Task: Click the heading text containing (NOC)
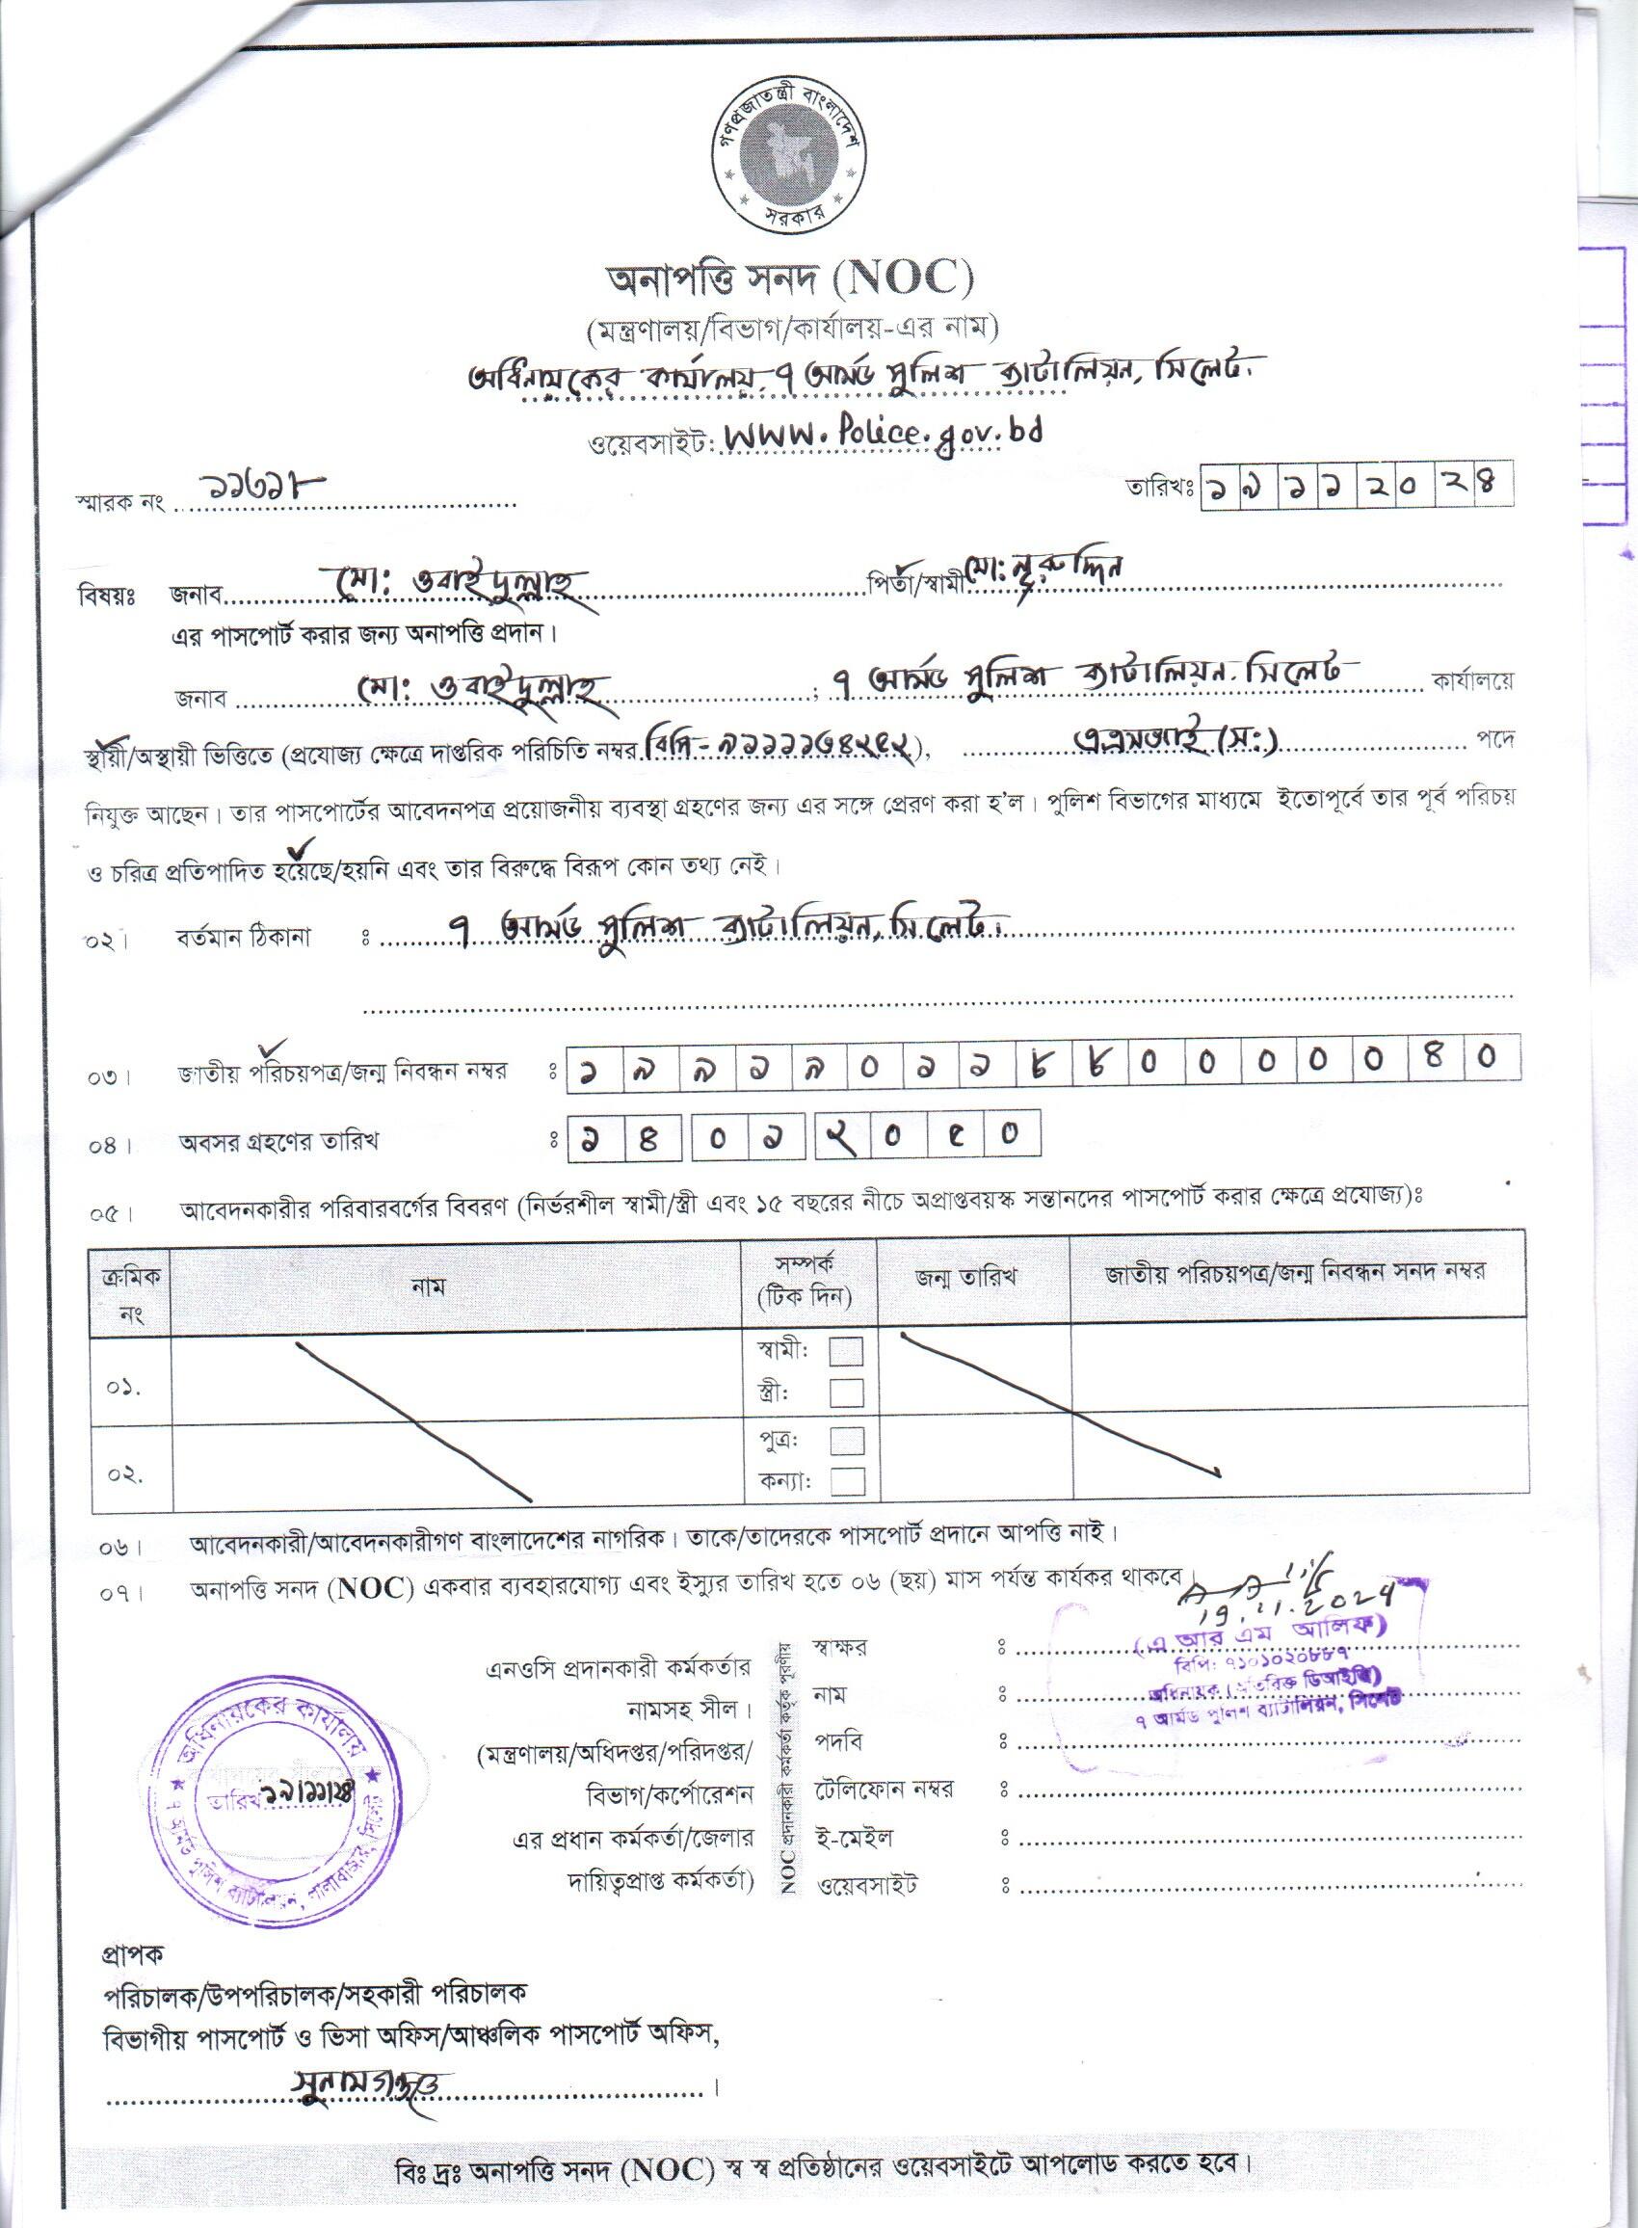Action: [790, 280]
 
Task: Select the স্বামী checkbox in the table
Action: [846, 1351]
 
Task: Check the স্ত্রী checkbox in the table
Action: [846, 1393]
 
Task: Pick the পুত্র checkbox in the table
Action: [846, 1440]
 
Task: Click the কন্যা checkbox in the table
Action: [846, 1481]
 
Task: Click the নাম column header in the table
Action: [430, 1287]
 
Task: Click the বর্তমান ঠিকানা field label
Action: [230, 937]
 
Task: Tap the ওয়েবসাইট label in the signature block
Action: [865, 1884]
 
